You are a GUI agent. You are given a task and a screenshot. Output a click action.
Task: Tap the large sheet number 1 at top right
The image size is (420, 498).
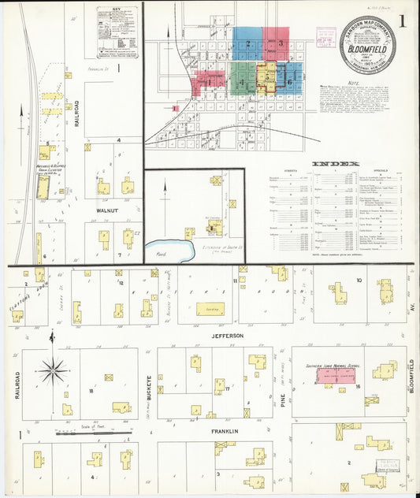click(x=403, y=21)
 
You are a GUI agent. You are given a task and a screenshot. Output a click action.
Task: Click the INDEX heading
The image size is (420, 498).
click(x=336, y=164)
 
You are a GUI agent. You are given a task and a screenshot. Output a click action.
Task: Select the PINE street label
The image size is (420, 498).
click(x=281, y=383)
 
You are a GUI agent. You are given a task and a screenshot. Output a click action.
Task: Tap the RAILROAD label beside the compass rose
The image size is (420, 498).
click(x=16, y=385)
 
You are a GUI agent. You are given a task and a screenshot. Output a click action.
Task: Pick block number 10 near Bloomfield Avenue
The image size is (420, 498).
click(x=359, y=280)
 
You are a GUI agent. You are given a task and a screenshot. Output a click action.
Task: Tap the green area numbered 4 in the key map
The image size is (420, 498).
click(x=242, y=80)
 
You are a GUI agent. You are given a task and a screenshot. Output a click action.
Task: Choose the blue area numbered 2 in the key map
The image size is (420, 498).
click(x=247, y=43)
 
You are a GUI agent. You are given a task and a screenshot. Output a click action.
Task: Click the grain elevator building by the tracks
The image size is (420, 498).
click(x=43, y=186)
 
